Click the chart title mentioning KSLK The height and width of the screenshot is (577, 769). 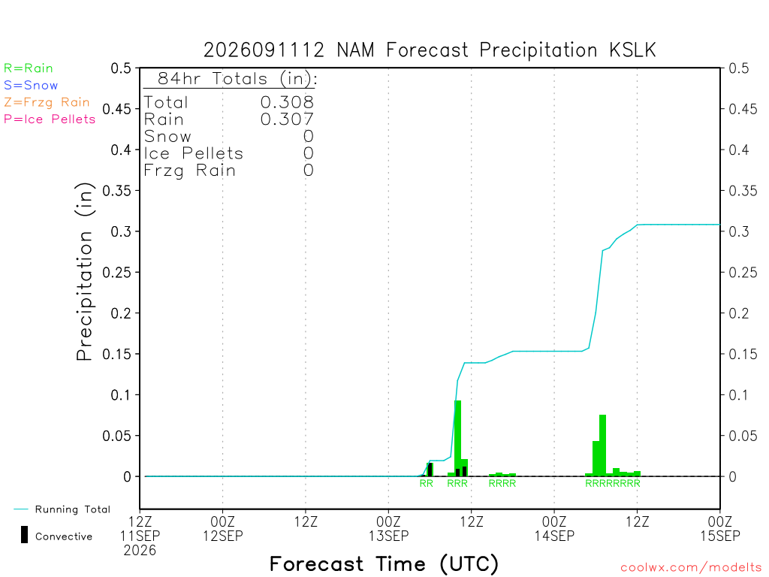pyautogui.click(x=430, y=50)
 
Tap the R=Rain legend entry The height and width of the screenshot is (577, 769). pyautogui.click(x=29, y=68)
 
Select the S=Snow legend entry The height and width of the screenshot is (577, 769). pyautogui.click(x=31, y=86)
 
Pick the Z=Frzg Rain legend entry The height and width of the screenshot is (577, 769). pyautogui.click(x=47, y=102)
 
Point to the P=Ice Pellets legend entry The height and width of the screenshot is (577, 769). pyautogui.click(x=50, y=119)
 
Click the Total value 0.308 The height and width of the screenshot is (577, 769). pyautogui.click(x=287, y=102)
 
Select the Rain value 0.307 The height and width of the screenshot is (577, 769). pyautogui.click(x=287, y=119)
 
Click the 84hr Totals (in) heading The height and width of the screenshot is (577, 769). pyautogui.click(x=237, y=78)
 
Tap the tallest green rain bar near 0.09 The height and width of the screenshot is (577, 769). pyautogui.click(x=457, y=438)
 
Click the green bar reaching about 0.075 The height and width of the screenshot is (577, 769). pyautogui.click(x=603, y=446)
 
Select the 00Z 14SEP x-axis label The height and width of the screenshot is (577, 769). pyautogui.click(x=554, y=528)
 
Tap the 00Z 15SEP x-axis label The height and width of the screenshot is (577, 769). pyautogui.click(x=720, y=528)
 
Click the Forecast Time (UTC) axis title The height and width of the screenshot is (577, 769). pyautogui.click(x=384, y=563)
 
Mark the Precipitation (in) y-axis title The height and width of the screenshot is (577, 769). pyautogui.click(x=84, y=272)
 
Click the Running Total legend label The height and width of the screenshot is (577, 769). pyautogui.click(x=73, y=509)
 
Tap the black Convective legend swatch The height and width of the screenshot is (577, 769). pyautogui.click(x=24, y=534)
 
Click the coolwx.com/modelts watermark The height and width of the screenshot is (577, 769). pyautogui.click(x=691, y=567)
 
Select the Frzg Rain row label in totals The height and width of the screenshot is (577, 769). pyautogui.click(x=189, y=171)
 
